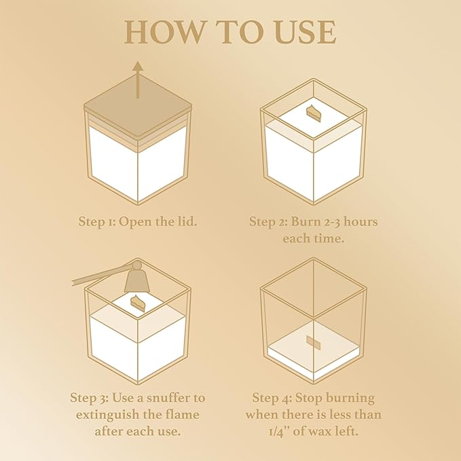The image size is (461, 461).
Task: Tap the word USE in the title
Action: [x=306, y=32]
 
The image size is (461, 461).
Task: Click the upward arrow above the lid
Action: [x=138, y=79]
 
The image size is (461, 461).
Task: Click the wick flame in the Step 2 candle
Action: [x=314, y=112]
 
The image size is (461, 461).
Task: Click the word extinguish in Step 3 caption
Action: [x=108, y=415]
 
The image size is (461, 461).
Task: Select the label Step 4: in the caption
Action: [x=272, y=399]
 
